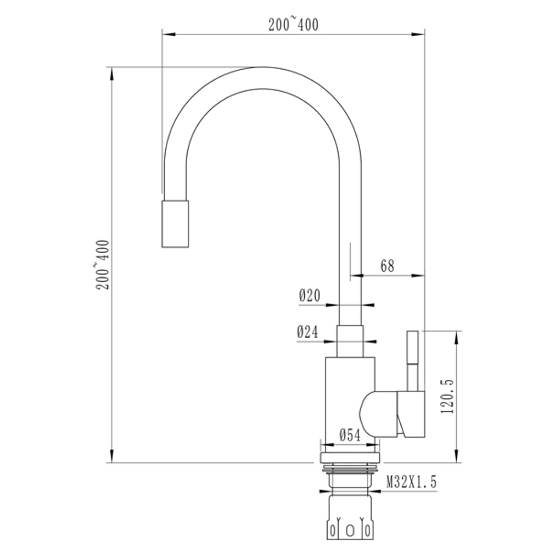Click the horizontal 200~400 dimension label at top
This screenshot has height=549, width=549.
(293, 25)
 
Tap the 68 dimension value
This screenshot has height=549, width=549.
(388, 266)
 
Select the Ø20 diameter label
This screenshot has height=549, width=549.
(309, 296)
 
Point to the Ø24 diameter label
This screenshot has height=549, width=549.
(308, 332)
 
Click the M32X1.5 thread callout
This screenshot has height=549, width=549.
(411, 483)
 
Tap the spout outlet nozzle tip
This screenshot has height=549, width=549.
(175, 223)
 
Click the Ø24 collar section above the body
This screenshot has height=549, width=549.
(350, 341)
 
